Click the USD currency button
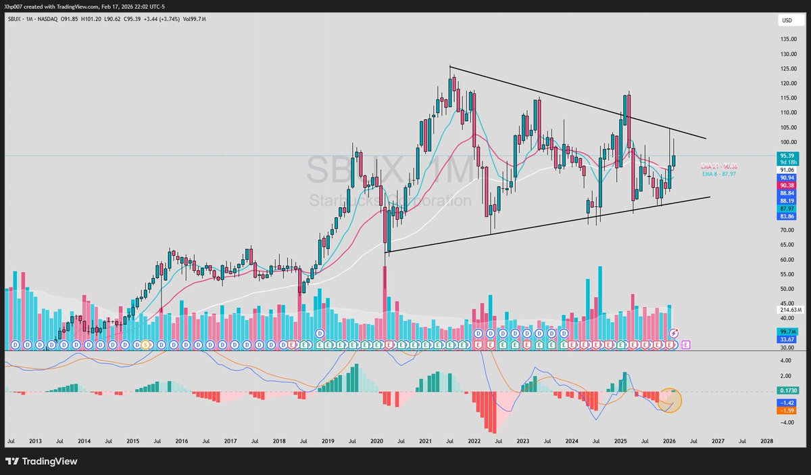pos(787,21)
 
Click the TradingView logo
pos(42,461)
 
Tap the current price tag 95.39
pos(787,157)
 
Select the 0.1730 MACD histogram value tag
pos(787,391)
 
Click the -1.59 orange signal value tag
pos(787,410)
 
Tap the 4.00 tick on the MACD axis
pos(785,360)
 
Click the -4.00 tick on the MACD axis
pos(785,423)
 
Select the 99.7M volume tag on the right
pos(787,332)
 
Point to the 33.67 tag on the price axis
pos(787,340)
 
